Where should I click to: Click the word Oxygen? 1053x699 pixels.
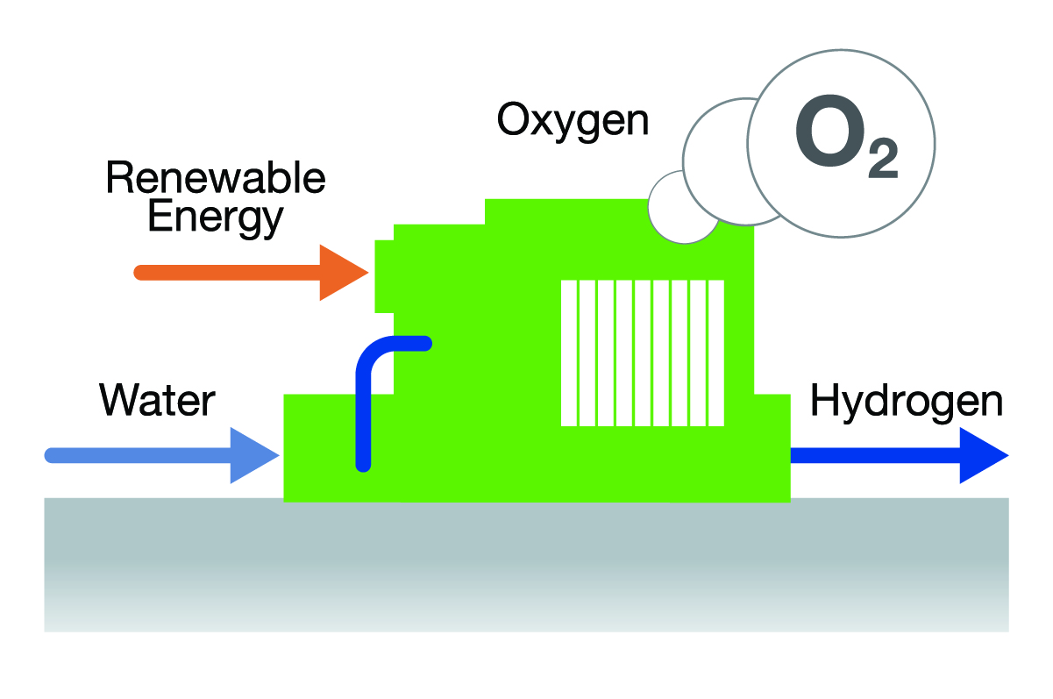(573, 120)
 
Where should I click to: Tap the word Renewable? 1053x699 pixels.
(215, 179)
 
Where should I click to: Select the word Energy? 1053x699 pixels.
(215, 216)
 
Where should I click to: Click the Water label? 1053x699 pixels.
(157, 401)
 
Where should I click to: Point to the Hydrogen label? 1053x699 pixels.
(906, 401)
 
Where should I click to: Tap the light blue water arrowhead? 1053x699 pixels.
(253, 455)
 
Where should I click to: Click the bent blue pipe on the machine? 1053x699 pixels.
(373, 360)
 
